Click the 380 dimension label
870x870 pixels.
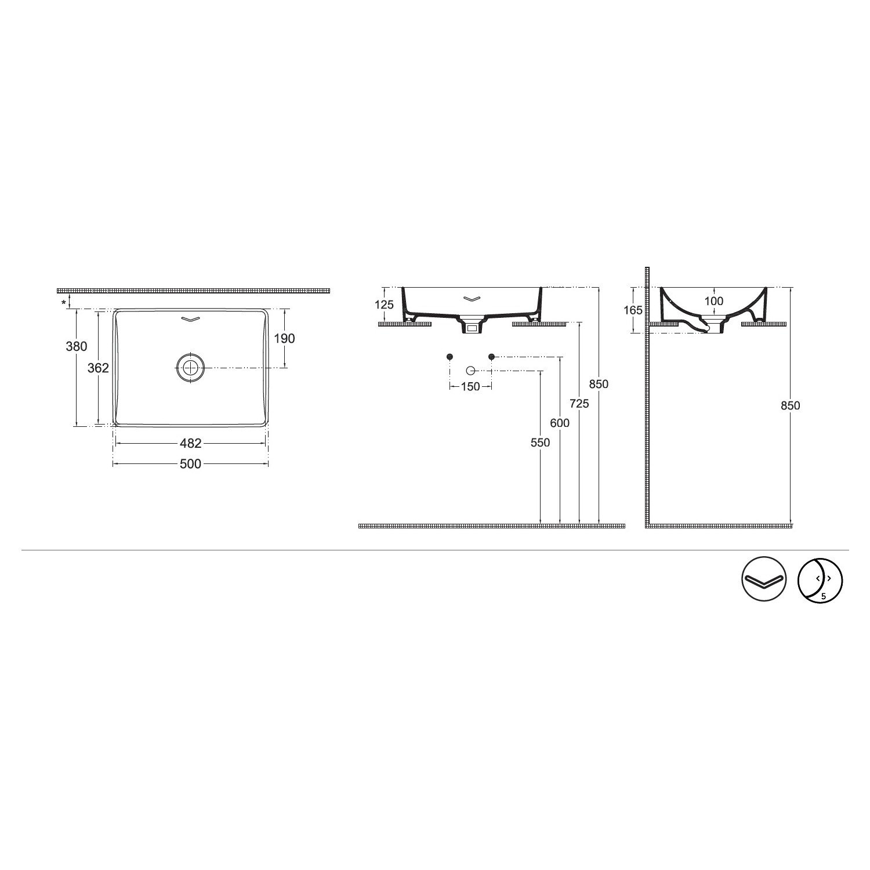tap(77, 346)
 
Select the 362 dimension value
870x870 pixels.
tap(98, 368)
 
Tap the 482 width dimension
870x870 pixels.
tap(190, 443)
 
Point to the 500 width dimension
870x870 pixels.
tap(190, 463)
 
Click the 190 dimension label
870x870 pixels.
tap(284, 338)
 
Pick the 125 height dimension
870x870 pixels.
tap(383, 304)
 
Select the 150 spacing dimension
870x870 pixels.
tap(470, 386)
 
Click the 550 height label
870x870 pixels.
tap(540, 443)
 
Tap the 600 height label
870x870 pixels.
tap(560, 423)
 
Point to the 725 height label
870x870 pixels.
tap(579, 404)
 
